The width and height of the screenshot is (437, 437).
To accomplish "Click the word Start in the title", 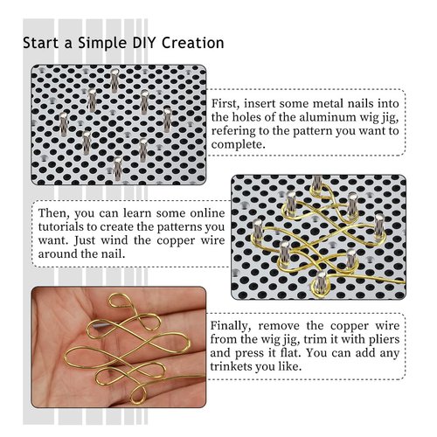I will (42, 42).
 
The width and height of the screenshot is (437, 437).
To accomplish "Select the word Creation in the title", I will (192, 42).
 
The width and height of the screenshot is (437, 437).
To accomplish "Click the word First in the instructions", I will (228, 103).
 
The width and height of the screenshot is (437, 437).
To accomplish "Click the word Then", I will (55, 213).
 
